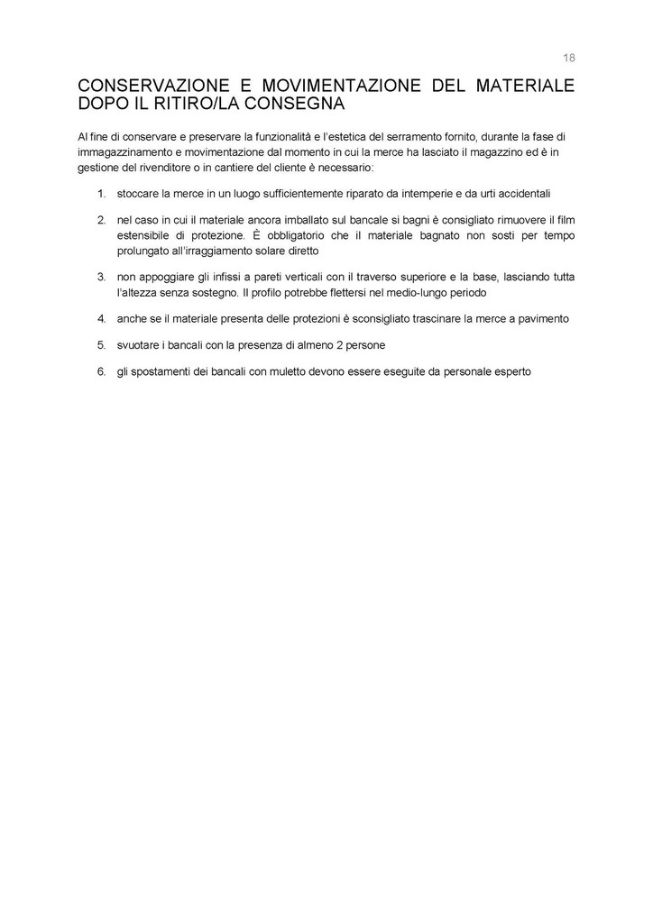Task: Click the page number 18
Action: tap(569, 58)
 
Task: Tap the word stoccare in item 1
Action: tap(138, 194)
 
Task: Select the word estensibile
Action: tap(144, 235)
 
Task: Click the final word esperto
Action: tap(511, 370)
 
